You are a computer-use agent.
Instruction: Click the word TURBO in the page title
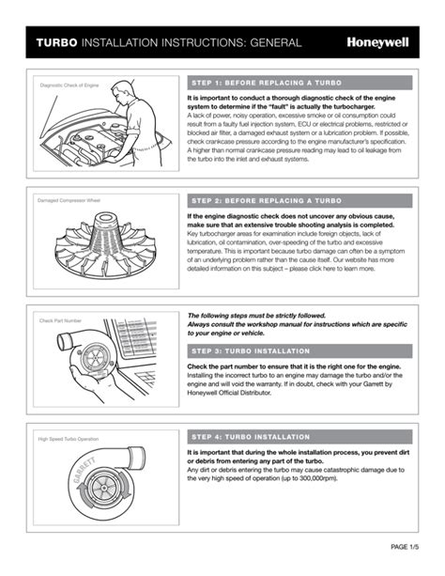click(56, 43)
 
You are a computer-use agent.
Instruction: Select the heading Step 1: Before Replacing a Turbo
click(267, 83)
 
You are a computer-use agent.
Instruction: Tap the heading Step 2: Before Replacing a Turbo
click(267, 201)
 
